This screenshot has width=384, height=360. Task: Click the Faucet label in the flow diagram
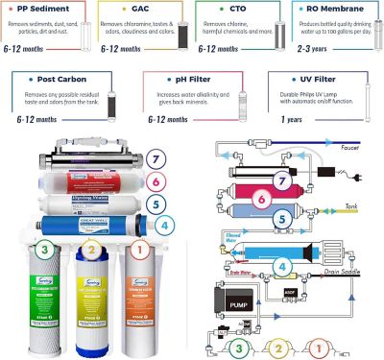point(364,150)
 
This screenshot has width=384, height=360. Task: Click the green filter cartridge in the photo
point(39,293)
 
